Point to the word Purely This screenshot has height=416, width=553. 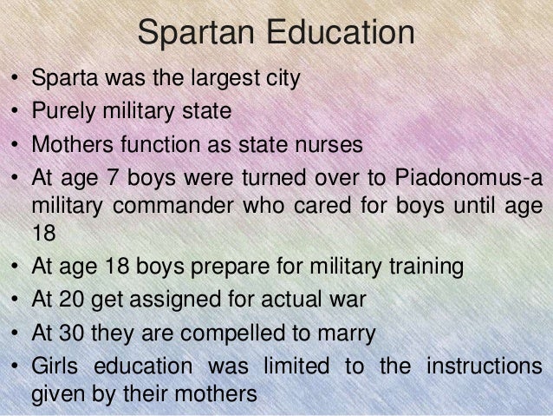[60, 111]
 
